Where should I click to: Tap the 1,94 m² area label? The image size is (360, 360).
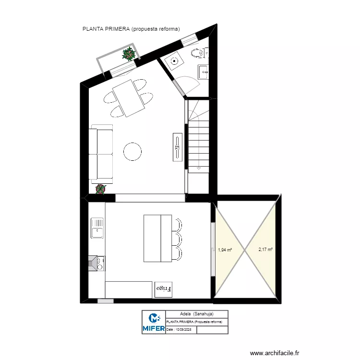coord(225,250)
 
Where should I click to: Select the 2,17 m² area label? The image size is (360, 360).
coord(265,250)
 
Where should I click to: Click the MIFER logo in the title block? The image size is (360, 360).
coord(154,322)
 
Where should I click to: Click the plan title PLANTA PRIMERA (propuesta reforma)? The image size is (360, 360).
coord(131,29)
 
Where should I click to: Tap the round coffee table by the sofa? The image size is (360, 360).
coord(132,151)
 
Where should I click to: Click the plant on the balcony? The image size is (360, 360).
coord(129,54)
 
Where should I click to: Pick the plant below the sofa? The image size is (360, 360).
coord(100,189)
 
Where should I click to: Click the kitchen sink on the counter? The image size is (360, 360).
coord(97,228)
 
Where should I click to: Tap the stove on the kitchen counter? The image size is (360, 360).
coord(97,263)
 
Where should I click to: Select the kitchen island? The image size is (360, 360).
coord(157,239)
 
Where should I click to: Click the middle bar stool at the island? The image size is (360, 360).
coord(177,239)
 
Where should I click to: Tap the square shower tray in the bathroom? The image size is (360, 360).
coord(173,61)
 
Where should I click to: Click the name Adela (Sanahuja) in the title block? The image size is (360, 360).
coord(193,314)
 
